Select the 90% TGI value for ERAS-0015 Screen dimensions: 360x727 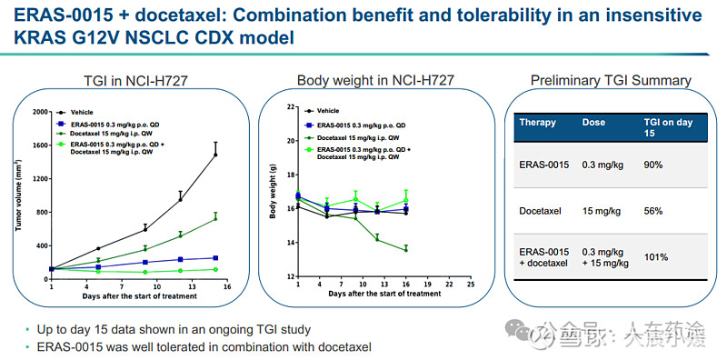pyautogui.click(x=652, y=165)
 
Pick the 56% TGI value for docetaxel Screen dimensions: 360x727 pyautogui.click(x=652, y=210)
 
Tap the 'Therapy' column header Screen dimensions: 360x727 pyautogui.click(x=537, y=123)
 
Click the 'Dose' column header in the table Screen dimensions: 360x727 pyautogui.click(x=595, y=123)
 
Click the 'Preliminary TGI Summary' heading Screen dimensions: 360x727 pyautogui.click(x=611, y=81)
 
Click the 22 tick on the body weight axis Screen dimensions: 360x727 pyautogui.click(x=290, y=106)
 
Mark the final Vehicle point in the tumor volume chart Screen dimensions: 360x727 pyautogui.click(x=215, y=155)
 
